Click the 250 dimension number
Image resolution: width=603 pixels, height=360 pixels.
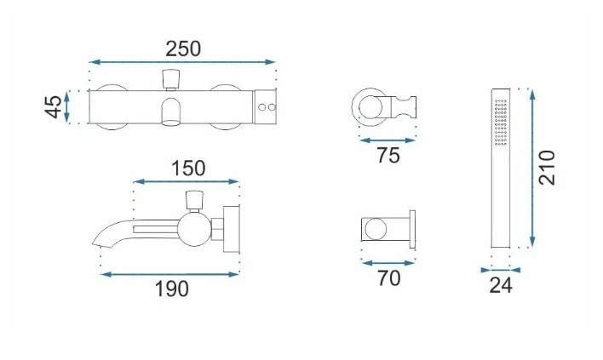pyautogui.click(x=183, y=49)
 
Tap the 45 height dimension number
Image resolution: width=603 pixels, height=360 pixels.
pyautogui.click(x=53, y=106)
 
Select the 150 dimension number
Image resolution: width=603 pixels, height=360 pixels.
pyautogui.click(x=188, y=169)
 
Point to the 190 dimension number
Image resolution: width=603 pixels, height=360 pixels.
pyautogui.click(x=171, y=289)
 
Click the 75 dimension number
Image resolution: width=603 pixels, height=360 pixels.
pyautogui.click(x=388, y=156)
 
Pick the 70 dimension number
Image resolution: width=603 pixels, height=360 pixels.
pyautogui.click(x=388, y=278)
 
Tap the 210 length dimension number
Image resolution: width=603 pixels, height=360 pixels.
pyautogui.click(x=547, y=168)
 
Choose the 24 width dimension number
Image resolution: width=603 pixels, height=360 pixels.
pyautogui.click(x=501, y=285)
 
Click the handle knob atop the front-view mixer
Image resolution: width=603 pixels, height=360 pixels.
pyautogui.click(x=171, y=78)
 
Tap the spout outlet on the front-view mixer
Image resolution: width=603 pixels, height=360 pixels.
pyautogui.click(x=170, y=111)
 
